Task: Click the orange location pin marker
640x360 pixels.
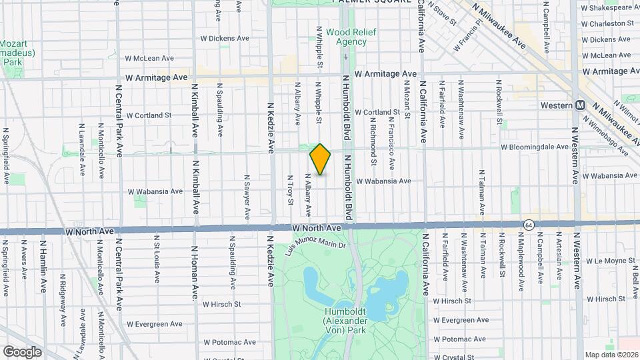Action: tap(321, 159)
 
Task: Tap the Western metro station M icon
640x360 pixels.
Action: tap(580, 105)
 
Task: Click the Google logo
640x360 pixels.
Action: tap(22, 352)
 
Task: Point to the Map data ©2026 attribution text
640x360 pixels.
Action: tap(611, 355)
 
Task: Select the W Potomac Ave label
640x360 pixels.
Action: tap(229, 342)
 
